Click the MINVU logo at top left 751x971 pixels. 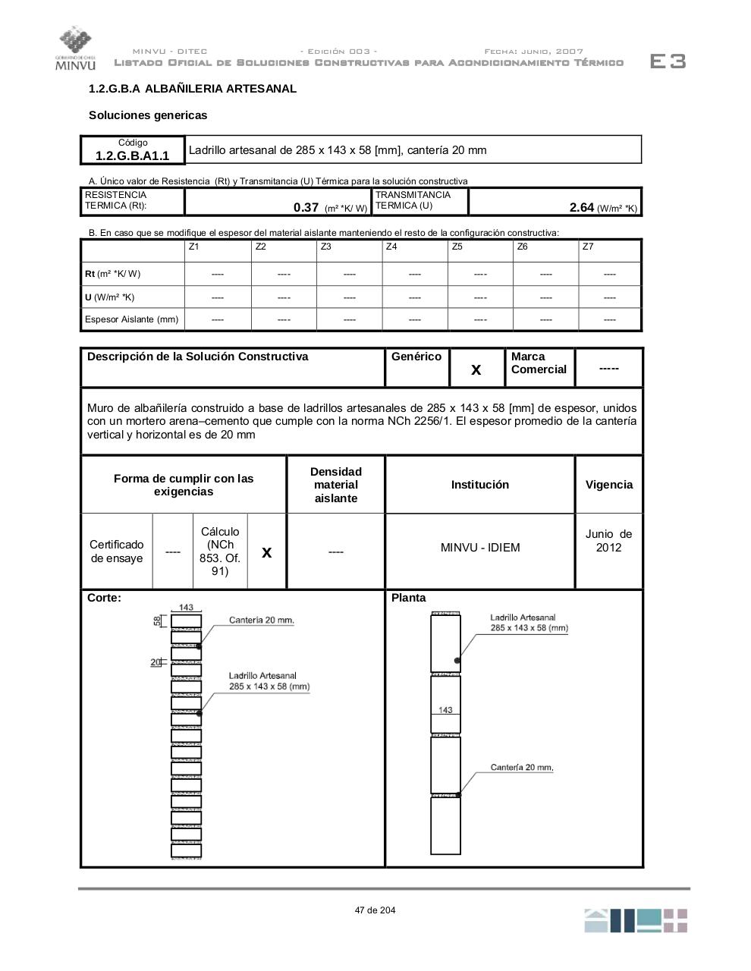[x=75, y=49]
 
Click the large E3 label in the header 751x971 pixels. [x=668, y=61]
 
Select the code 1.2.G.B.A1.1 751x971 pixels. [x=133, y=156]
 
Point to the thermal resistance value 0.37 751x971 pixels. [x=306, y=207]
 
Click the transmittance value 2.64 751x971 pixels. [x=581, y=207]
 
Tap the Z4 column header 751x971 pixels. [x=391, y=247]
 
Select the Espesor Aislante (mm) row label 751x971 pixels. [x=132, y=319]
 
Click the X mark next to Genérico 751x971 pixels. [x=476, y=369]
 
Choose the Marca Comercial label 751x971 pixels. [x=539, y=363]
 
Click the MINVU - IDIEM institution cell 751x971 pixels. [x=480, y=548]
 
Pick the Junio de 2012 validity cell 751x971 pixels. [x=608, y=541]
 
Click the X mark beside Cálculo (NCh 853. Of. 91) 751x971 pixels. [x=266, y=552]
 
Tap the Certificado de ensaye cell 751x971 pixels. [x=116, y=551]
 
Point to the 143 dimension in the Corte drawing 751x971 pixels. [x=186, y=607]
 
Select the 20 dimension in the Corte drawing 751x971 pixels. [x=156, y=662]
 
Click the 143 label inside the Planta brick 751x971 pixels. [x=445, y=710]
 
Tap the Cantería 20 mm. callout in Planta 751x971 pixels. [x=522, y=767]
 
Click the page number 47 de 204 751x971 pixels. [x=375, y=910]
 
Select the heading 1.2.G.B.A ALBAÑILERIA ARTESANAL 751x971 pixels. [x=193, y=89]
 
